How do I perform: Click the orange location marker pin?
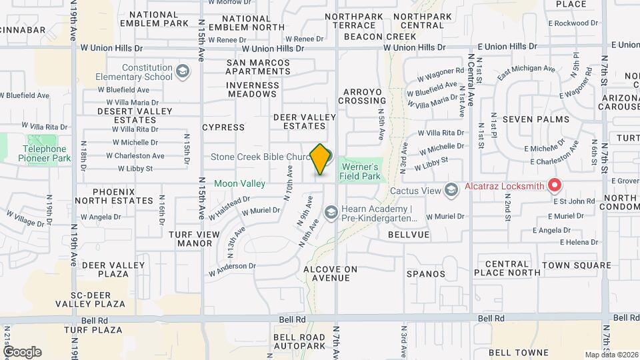pos(321,159)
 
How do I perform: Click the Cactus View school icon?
pos(451,191)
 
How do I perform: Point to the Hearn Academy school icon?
pos(331,213)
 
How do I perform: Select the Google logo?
pos(21,351)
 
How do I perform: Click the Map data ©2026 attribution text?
pos(611,355)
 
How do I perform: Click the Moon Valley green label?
pos(239,183)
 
